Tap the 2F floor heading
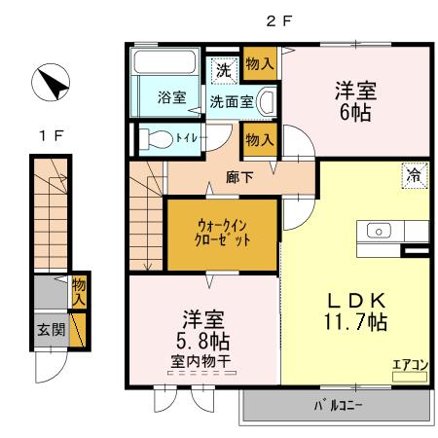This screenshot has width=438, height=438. click(x=280, y=18)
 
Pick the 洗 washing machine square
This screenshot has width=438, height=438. click(x=224, y=70)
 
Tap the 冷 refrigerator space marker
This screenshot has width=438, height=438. click(x=413, y=177)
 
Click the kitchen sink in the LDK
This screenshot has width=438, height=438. click(x=378, y=231)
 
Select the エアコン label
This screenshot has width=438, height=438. click(x=410, y=364)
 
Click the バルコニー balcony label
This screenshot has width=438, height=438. click(x=336, y=406)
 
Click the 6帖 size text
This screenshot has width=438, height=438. click(x=355, y=113)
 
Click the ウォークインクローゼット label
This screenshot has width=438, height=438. click(x=223, y=234)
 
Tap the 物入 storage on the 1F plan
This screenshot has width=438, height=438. click(x=79, y=292)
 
